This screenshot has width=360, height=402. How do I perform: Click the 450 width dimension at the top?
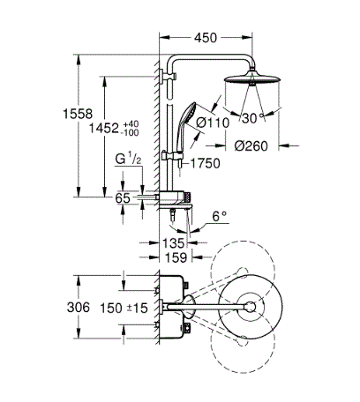[x=206, y=38]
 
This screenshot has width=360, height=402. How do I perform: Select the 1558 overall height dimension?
[x=78, y=114]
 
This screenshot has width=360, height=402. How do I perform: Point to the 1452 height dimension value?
[x=104, y=128]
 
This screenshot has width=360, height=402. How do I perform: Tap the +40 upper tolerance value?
[x=130, y=123]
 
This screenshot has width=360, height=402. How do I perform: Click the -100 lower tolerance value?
[x=130, y=133]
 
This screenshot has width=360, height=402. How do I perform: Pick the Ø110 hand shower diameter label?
[x=213, y=123]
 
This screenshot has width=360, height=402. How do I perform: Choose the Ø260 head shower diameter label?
[x=251, y=145]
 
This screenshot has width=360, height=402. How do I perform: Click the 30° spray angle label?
[x=253, y=118]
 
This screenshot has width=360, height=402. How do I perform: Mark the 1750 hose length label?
[x=206, y=163]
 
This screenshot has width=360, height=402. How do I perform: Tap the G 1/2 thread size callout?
[x=128, y=160]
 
